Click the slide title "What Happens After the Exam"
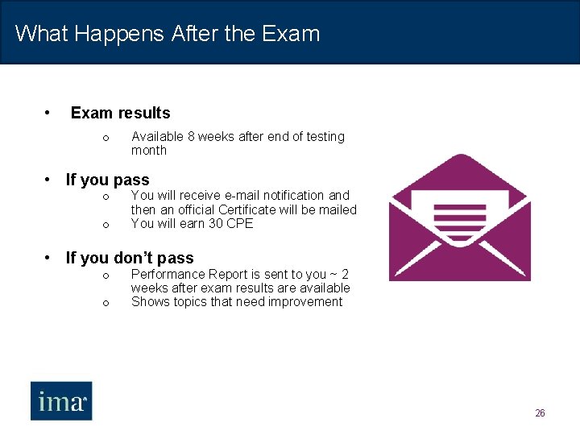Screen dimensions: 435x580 click(168, 34)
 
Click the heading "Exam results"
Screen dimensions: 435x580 click(120, 113)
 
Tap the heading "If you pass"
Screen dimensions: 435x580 click(107, 180)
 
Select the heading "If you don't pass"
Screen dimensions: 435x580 click(129, 258)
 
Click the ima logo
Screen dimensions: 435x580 click(61, 400)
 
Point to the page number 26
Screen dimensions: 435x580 click(540, 413)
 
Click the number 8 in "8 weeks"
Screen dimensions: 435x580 click(191, 137)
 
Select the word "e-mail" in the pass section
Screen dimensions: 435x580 click(245, 195)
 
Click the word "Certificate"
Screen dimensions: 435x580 click(250, 209)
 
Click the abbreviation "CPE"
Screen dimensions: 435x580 click(239, 224)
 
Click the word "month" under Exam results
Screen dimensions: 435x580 click(149, 151)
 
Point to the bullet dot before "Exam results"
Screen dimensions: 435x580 click(49, 112)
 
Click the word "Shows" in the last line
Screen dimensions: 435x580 click(149, 302)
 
